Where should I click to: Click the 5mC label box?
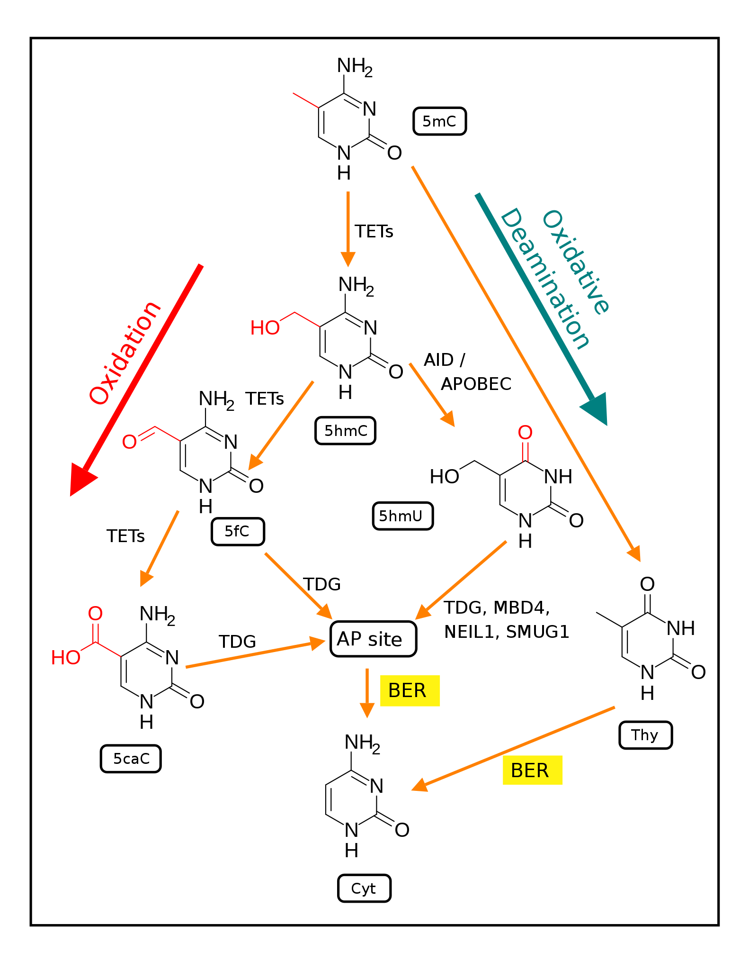439,121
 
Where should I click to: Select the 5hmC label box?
345,431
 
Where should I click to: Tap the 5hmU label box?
402,516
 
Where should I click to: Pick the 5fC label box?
238,532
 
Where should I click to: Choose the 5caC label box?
131,759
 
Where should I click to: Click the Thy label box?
645,735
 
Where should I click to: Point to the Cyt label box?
364,888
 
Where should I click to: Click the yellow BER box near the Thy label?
532,770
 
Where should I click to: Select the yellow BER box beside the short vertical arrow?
410,690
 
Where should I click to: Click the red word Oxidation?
125,353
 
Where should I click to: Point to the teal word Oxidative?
576,262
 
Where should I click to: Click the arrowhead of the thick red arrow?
81,479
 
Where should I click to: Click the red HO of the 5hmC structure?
265,328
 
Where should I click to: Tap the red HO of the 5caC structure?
65,658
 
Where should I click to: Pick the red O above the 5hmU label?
525,432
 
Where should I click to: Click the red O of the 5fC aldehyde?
129,442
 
